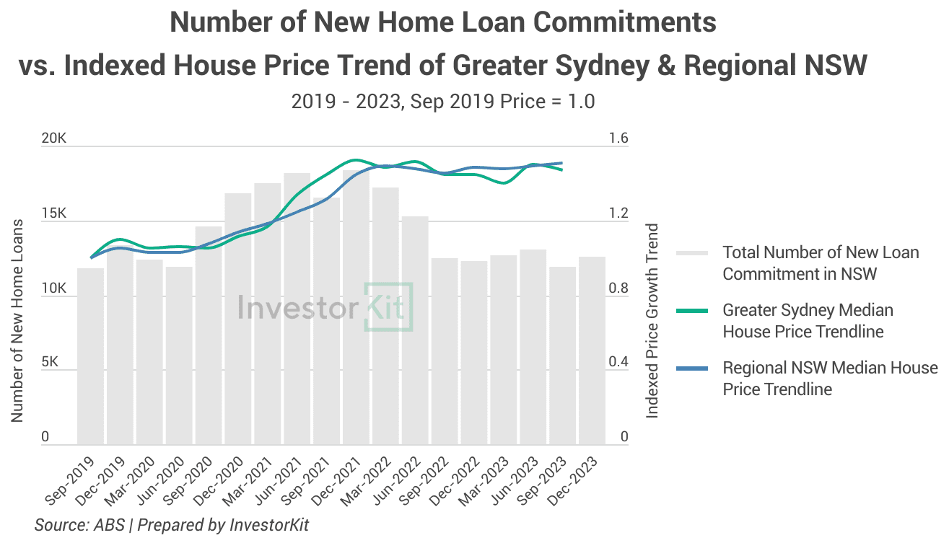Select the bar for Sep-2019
tap(91, 356)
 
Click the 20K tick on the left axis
tap(54, 138)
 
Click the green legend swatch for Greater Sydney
tap(695, 311)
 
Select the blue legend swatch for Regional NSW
tap(695, 368)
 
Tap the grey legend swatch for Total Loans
tap(695, 253)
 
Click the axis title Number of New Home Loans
tap(17, 321)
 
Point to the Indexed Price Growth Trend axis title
tap(652, 321)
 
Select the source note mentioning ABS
tap(172, 525)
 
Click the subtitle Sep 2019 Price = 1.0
tap(443, 102)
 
